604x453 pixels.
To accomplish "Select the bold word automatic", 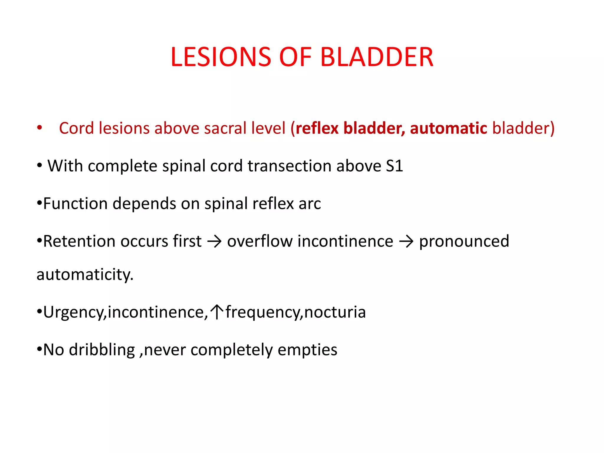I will point(448,128).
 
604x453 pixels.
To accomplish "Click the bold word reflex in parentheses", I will point(317,128).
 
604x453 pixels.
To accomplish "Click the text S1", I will point(394,166).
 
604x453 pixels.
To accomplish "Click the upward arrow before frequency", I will point(217,312).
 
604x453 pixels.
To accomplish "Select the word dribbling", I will point(102,350).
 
